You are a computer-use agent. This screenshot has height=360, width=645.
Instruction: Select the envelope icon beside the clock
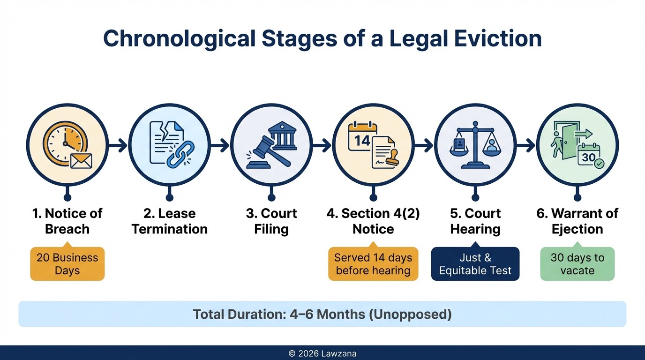tap(81, 161)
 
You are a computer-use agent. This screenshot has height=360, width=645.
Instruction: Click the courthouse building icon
tap(282, 136)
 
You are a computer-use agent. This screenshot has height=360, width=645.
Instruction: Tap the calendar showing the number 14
tap(362, 137)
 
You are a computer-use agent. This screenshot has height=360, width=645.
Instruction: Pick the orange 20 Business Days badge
tap(67, 264)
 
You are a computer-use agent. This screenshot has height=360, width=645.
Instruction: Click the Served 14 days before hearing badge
tap(373, 264)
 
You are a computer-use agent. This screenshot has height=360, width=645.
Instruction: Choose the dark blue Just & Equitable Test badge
tap(475, 264)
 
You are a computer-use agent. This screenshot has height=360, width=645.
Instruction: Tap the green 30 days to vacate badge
tap(577, 264)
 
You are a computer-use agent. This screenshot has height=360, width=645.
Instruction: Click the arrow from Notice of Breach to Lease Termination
tap(118, 145)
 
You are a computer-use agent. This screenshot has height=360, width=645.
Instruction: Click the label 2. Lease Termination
tap(169, 221)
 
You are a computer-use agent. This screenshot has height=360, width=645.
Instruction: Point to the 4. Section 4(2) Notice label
tap(373, 221)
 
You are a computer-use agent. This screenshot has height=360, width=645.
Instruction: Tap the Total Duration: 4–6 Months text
tap(322, 314)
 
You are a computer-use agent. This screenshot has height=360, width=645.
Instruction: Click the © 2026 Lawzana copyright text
tap(322, 353)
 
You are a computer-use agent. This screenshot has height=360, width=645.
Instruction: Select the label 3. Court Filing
tap(271, 221)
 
